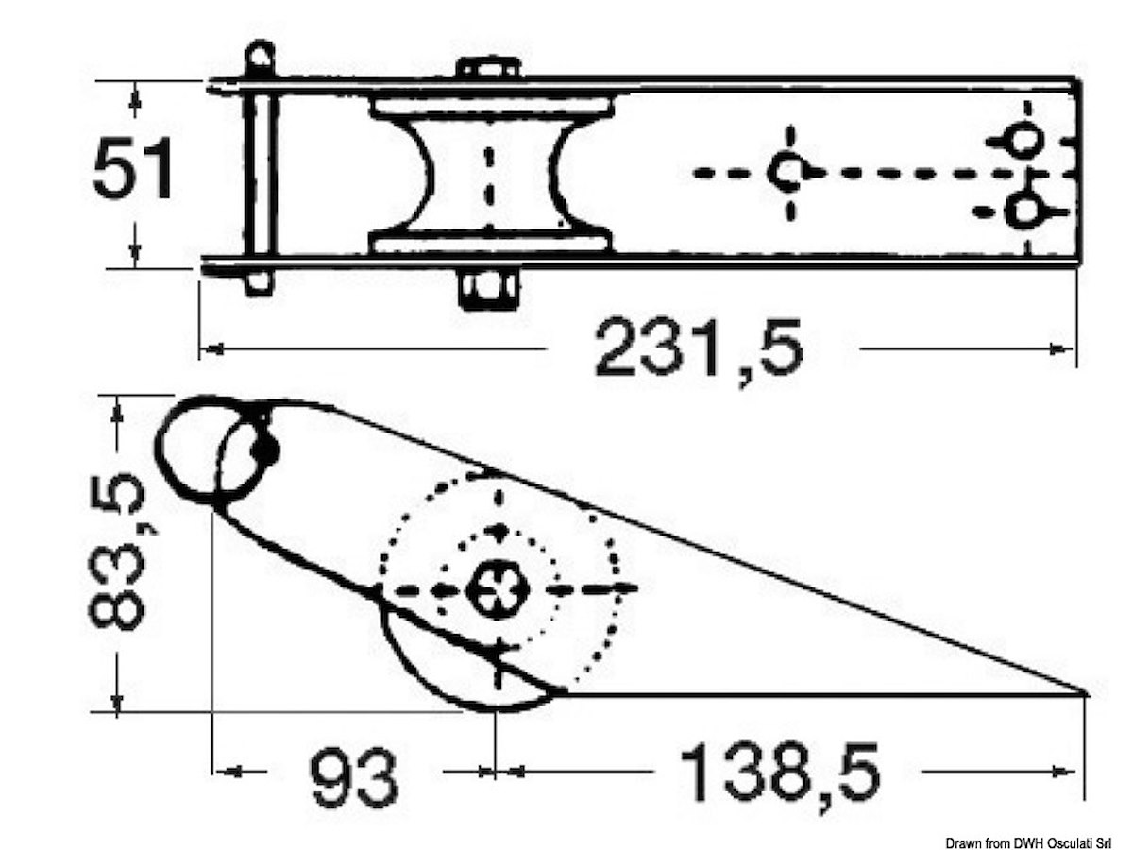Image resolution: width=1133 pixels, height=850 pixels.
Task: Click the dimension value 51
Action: (133, 168)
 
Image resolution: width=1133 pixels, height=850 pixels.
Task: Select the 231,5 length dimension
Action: (700, 348)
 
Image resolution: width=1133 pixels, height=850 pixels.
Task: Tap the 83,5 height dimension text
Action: (117, 552)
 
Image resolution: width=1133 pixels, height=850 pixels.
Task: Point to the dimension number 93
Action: (353, 773)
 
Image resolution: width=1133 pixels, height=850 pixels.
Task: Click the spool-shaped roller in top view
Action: (490, 176)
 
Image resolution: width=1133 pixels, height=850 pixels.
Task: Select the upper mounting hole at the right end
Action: (1025, 140)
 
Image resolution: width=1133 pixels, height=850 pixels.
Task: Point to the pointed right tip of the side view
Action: (1085, 693)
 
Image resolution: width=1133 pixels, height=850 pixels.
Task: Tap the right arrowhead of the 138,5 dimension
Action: (1063, 772)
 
